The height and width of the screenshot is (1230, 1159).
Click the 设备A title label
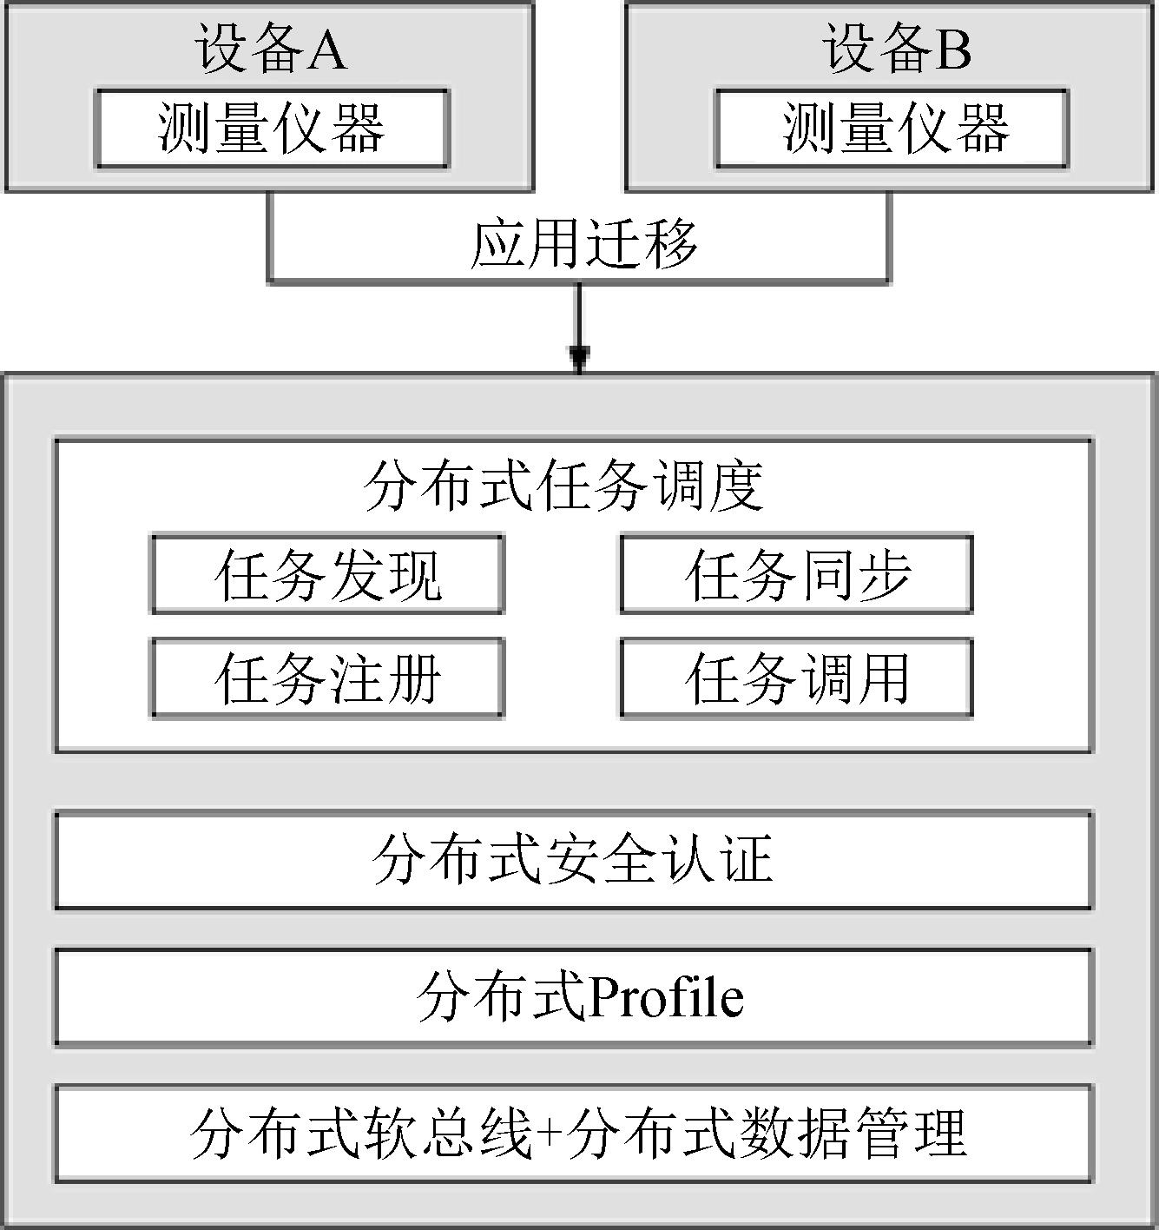point(271,49)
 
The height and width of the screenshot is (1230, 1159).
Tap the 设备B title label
point(897,49)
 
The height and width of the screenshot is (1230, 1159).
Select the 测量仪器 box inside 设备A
point(272,129)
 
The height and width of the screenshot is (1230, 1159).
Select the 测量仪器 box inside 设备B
point(892,129)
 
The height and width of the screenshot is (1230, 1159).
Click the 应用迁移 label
point(583,244)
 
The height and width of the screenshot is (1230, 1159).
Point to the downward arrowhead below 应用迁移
point(579,360)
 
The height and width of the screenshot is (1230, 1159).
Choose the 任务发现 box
point(328,574)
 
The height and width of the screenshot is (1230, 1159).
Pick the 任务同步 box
point(797,574)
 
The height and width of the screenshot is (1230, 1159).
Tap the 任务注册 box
point(328,678)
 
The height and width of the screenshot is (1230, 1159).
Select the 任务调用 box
point(797,678)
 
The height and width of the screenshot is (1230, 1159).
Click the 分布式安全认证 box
point(574,860)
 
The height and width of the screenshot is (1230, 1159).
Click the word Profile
point(666,998)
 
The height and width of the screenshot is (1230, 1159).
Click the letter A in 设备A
point(326,50)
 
